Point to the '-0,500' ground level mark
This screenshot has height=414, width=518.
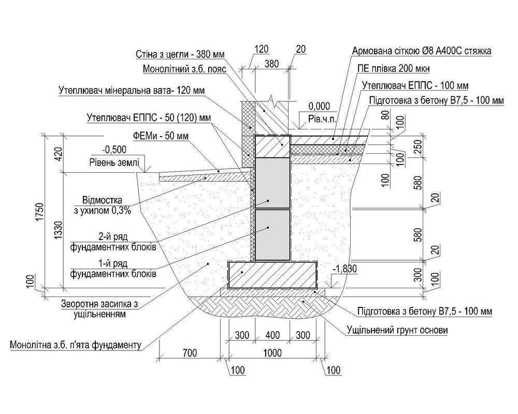[114, 150]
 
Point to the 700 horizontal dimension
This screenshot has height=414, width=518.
[190, 353]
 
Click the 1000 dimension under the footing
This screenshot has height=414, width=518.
[272, 353]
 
